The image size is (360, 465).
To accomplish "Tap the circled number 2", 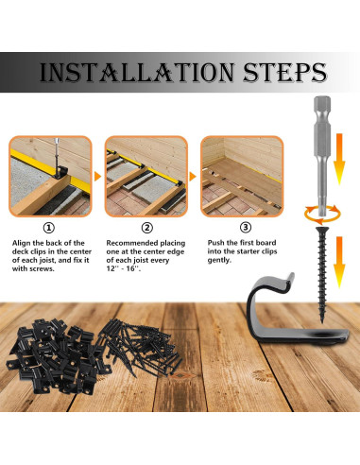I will [146, 227].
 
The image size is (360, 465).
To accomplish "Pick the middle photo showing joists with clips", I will [146, 176].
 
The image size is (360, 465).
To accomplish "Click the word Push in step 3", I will [217, 244].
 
